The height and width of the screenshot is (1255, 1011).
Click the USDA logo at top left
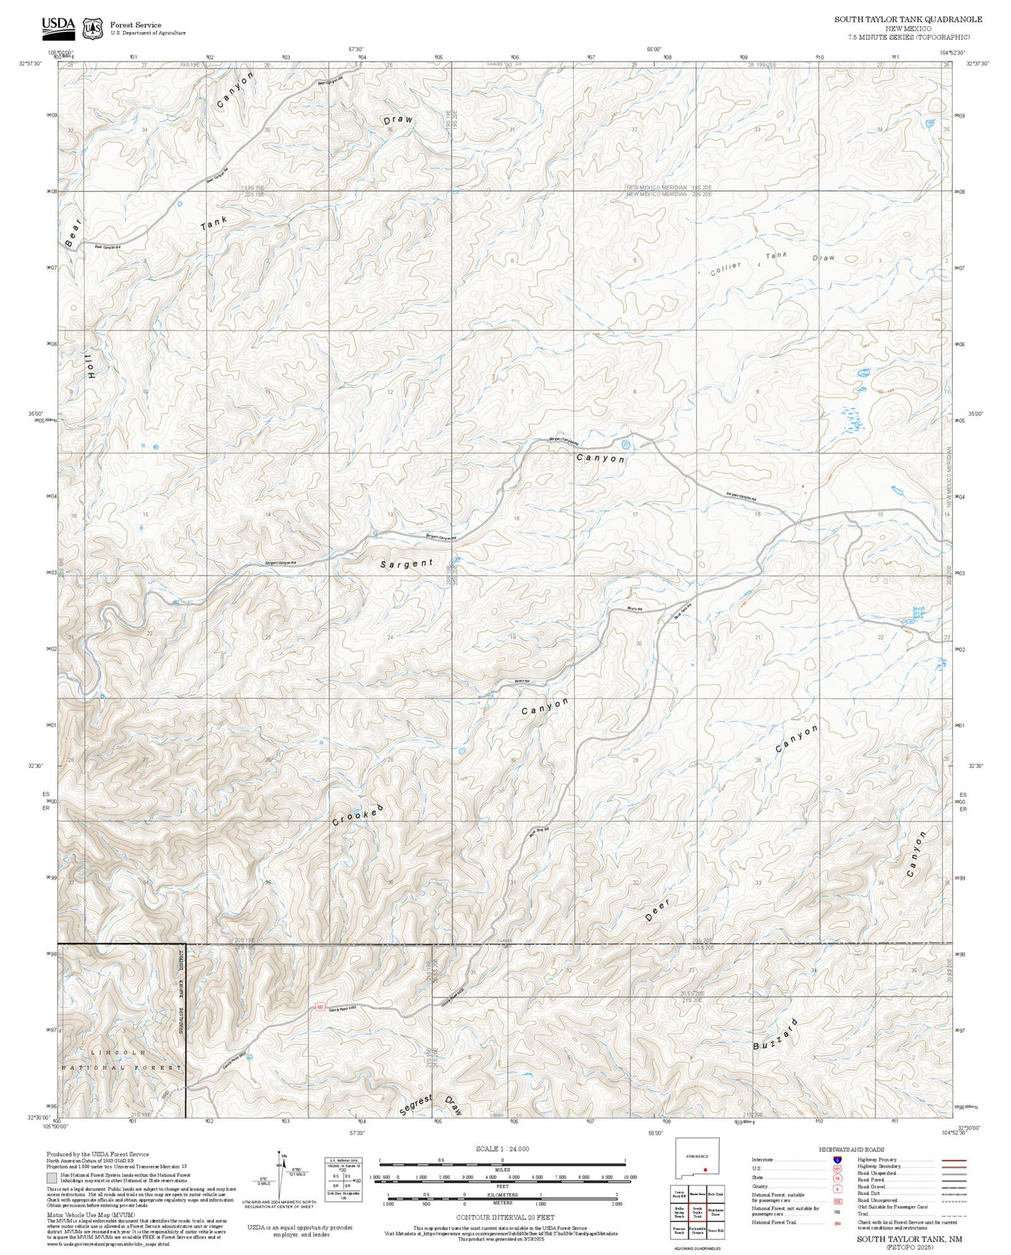tap(58, 25)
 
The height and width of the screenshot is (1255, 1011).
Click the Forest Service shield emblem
tap(92, 28)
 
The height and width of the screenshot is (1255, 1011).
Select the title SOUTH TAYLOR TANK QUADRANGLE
tap(907, 20)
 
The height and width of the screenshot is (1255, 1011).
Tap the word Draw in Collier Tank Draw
tap(823, 258)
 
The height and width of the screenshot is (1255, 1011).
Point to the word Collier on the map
tap(725, 269)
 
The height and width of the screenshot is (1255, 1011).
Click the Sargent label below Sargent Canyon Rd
tap(406, 564)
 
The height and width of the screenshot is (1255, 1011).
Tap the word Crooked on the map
tap(358, 816)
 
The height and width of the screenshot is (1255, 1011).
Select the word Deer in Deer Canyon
tap(657, 909)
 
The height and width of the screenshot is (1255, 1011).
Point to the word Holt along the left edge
tap(90, 365)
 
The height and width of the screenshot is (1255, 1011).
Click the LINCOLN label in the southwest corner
tap(119, 1052)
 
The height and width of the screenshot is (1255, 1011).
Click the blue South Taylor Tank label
tap(918, 613)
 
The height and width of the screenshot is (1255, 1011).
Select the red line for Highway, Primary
tap(953, 1160)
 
